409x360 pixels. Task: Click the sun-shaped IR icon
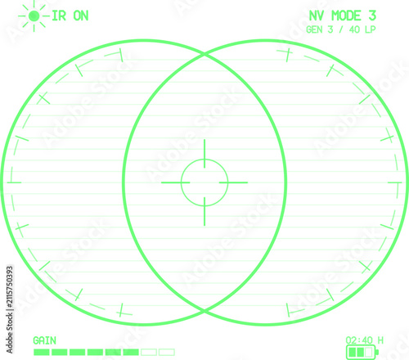point(34,16)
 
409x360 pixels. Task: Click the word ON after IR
point(81,16)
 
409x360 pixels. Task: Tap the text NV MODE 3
point(343,16)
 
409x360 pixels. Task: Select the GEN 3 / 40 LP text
point(341,29)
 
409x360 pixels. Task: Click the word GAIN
point(44,340)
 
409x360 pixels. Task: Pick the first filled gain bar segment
point(42,352)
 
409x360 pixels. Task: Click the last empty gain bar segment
point(167,352)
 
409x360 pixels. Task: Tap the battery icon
point(362,352)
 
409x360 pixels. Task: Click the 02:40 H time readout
point(365,340)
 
